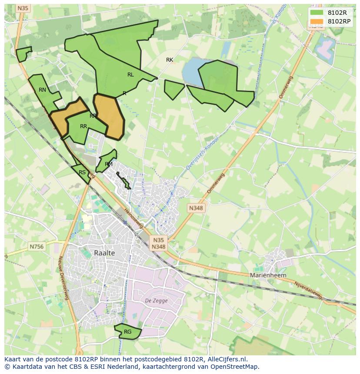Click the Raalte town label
104,253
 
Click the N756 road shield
37,246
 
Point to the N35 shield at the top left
23,8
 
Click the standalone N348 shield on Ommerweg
196,208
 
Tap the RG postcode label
127,332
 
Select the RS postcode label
82,172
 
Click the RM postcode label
109,164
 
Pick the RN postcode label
42,90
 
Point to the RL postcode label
130,75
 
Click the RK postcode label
170,60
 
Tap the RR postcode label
83,126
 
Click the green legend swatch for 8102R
317,13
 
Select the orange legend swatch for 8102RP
317,21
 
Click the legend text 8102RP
339,21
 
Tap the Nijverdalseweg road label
309,290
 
